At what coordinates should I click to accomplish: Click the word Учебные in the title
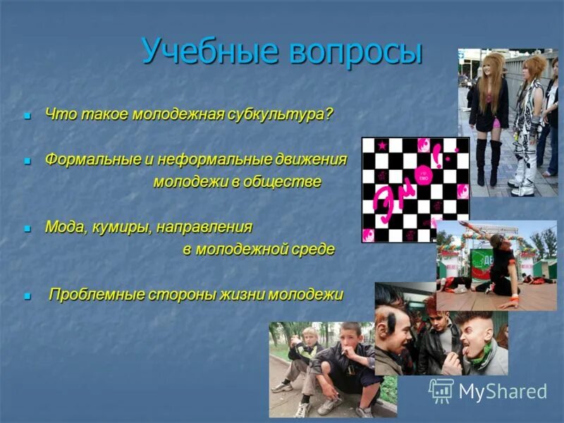click(204, 52)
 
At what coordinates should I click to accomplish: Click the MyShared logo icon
click(441, 391)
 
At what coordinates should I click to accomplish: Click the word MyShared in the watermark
click(502, 391)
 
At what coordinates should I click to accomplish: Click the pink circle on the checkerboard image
click(424, 173)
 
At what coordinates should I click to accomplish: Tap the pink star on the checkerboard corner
click(382, 145)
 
